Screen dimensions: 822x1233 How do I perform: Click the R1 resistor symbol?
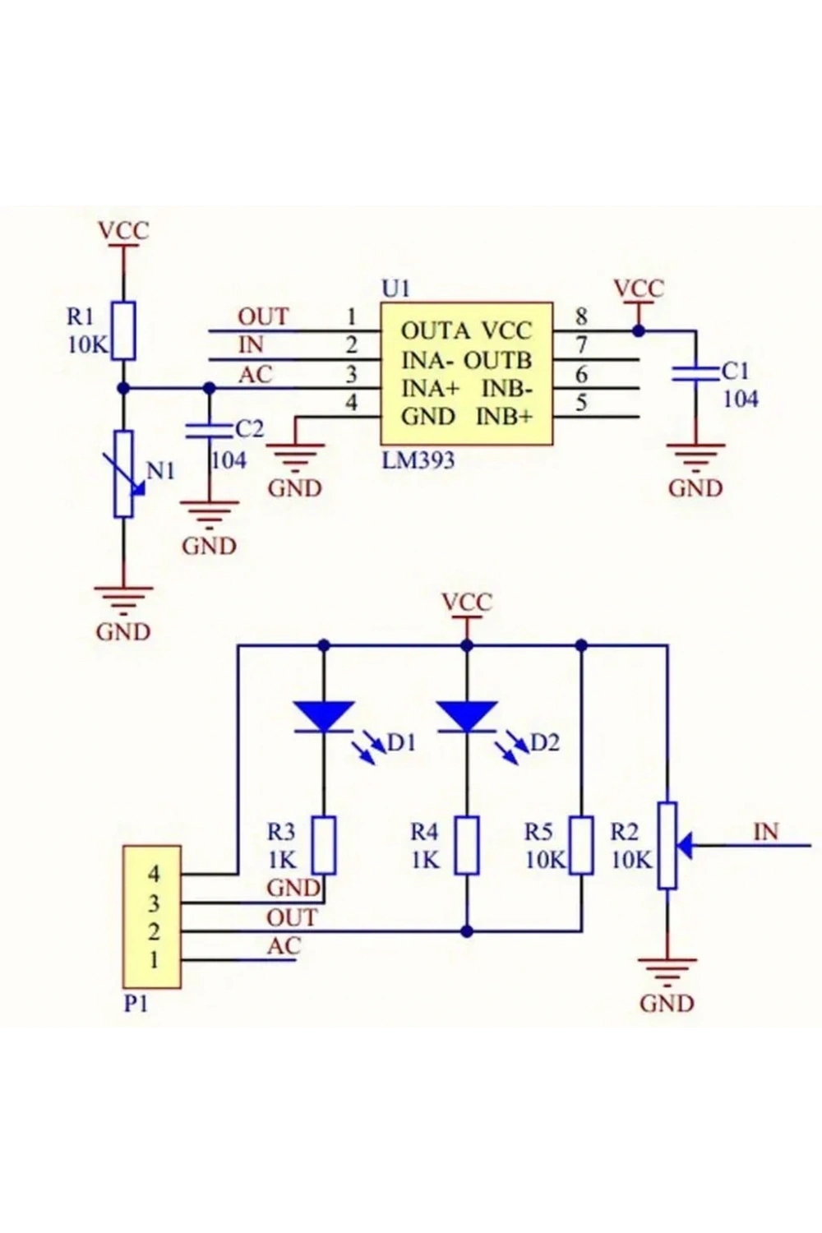point(123,330)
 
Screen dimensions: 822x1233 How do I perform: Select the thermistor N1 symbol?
point(124,474)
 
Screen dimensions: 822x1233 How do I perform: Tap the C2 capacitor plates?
point(209,431)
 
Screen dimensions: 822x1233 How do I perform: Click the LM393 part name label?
point(418,459)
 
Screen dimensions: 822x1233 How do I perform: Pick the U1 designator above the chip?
point(396,289)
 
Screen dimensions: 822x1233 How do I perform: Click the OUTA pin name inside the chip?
point(436,331)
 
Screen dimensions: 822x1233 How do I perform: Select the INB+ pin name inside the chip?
point(505,418)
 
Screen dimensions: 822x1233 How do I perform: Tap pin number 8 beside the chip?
point(581,316)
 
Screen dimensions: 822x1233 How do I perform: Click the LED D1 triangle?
point(324,716)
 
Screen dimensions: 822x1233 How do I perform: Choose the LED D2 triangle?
point(467,716)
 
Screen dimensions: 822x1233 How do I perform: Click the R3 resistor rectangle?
point(325,846)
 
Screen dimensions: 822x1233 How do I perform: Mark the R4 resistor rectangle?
point(467,846)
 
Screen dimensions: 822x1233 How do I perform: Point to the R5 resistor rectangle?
point(581,846)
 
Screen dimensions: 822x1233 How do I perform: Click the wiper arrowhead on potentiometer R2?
point(685,845)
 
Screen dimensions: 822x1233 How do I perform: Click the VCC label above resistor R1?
point(123,230)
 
